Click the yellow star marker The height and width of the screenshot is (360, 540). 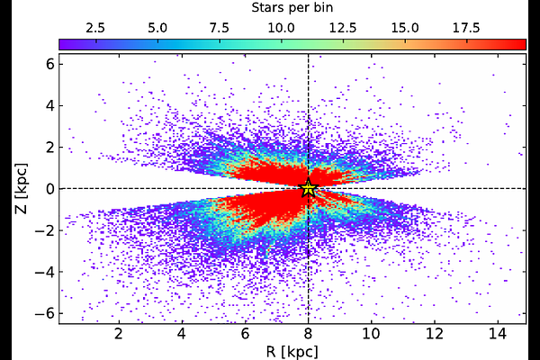pos(309,188)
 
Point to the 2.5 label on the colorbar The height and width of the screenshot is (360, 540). pos(96,27)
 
